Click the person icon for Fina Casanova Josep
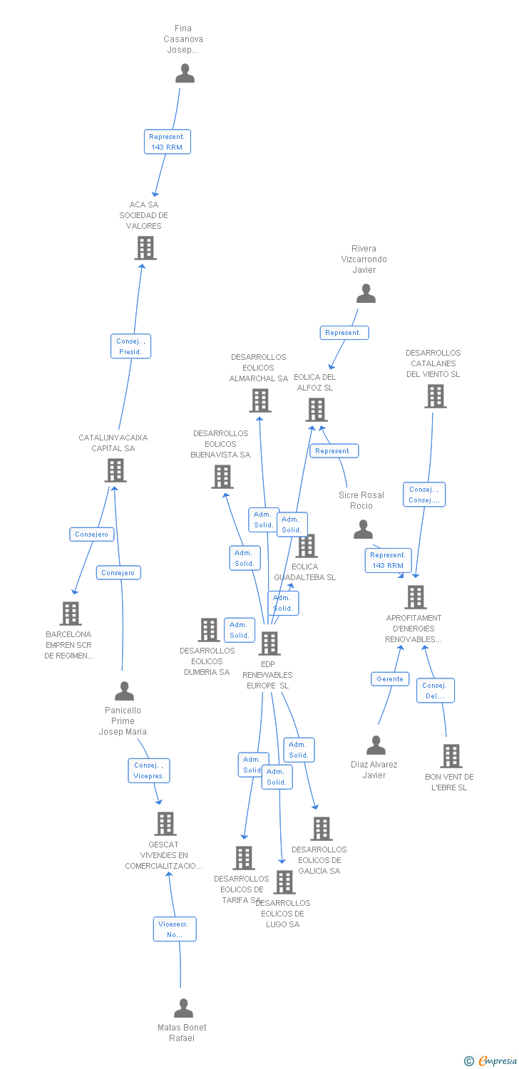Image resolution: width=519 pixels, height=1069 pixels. [185, 73]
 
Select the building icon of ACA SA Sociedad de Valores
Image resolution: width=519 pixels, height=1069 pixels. [145, 248]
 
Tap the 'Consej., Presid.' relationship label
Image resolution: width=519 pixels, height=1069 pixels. [130, 346]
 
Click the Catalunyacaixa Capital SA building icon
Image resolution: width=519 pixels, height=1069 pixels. [115, 470]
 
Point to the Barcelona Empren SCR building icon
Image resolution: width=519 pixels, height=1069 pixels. [70, 613]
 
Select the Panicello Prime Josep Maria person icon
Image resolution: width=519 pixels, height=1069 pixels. [124, 691]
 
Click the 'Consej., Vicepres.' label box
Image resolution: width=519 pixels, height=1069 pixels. [149, 770]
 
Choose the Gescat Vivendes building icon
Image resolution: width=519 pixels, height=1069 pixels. [165, 824]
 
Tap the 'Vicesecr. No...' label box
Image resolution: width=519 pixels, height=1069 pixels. [175, 929]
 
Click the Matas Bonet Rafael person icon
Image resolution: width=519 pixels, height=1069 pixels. [183, 1008]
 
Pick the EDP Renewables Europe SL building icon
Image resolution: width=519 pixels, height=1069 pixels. [269, 644]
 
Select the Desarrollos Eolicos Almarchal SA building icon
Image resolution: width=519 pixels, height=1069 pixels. [260, 401]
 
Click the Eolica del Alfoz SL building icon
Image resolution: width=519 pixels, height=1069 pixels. [317, 410]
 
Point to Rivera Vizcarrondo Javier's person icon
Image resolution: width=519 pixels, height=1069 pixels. [366, 294]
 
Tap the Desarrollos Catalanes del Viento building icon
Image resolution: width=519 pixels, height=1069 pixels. [435, 396]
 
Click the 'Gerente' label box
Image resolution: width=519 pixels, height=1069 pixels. [390, 679]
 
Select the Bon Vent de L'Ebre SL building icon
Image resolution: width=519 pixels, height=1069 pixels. [451, 756]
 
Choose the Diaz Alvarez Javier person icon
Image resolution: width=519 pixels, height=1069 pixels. [376, 745]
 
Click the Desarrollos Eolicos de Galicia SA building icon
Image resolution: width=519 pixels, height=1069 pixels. [322, 829]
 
